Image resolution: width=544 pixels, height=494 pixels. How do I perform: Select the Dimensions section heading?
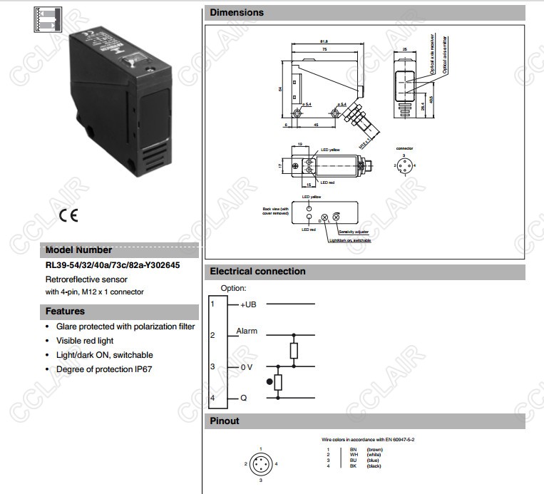pos(237,13)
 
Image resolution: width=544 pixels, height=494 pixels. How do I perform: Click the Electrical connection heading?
pos(257,272)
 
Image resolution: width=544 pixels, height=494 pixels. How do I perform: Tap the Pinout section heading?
pos(225,421)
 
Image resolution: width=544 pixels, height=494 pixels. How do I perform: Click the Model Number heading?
pos(79,250)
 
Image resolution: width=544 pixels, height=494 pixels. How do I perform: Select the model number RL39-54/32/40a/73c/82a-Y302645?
pos(113,265)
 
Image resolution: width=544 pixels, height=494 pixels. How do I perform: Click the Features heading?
pos(65,312)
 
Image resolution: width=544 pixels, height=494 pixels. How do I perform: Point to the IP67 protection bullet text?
pos(104,369)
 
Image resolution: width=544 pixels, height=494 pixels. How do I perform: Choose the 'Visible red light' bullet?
pos(85,341)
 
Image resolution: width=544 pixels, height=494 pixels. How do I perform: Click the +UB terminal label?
pos(248,304)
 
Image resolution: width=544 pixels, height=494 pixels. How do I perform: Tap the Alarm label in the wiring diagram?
pos(247,331)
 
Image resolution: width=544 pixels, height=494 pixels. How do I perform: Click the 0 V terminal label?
pos(247,366)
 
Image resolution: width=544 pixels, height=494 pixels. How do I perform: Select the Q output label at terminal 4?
pos(244,397)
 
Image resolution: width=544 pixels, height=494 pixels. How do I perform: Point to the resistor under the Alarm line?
pos(293,350)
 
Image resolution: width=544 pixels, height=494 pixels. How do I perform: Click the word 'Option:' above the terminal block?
pos(233,288)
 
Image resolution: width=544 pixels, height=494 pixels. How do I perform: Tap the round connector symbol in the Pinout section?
pos(260,463)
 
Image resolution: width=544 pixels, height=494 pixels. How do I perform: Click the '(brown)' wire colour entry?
pos(375,450)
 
